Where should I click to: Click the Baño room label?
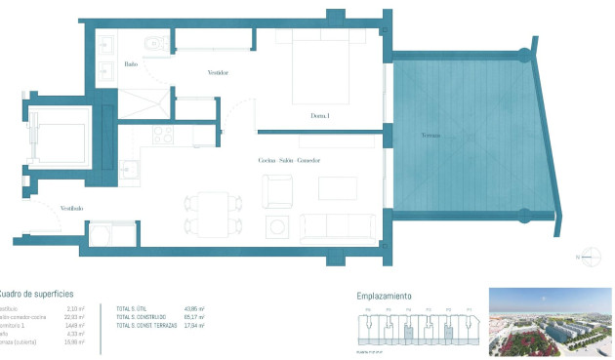132,64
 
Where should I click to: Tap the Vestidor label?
219,73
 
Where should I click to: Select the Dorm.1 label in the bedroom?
320,117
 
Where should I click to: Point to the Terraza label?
430,134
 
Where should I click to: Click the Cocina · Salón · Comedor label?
290,160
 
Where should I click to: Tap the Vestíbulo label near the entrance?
71,208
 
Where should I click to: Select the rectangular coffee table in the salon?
338,188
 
